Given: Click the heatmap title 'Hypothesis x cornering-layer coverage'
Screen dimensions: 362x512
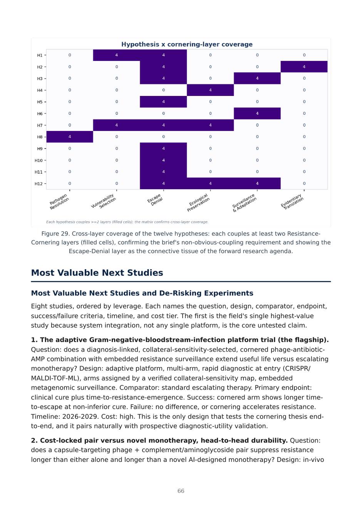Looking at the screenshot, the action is click(x=187, y=44).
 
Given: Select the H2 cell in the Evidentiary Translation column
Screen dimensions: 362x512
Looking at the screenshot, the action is click(x=304, y=67).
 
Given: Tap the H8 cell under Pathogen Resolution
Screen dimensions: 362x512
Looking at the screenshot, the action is click(x=70, y=137).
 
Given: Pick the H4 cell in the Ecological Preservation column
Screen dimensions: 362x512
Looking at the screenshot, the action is click(x=210, y=90).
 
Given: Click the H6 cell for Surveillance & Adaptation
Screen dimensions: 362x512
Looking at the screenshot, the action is click(x=257, y=113).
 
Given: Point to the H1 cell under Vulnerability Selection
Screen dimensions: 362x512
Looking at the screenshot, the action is click(x=117, y=55).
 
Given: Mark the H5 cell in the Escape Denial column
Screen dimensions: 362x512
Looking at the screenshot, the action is click(x=163, y=102).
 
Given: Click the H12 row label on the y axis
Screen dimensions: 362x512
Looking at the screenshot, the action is click(x=39, y=183).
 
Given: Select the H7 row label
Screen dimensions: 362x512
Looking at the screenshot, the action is click(x=40, y=125).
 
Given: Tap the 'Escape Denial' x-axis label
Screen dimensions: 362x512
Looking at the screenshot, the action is click(x=155, y=200).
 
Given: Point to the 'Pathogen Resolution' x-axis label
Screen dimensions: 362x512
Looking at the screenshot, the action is click(x=59, y=201).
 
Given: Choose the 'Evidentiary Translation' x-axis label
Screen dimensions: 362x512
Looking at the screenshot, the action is click(x=292, y=201).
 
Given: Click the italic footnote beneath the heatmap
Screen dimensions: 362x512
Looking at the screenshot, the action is click(x=127, y=222).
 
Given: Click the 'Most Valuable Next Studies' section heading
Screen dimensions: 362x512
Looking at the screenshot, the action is click(x=97, y=273).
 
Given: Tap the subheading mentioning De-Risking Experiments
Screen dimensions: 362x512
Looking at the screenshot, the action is click(x=142, y=293).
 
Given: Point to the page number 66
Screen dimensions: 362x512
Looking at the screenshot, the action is click(x=181, y=491).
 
